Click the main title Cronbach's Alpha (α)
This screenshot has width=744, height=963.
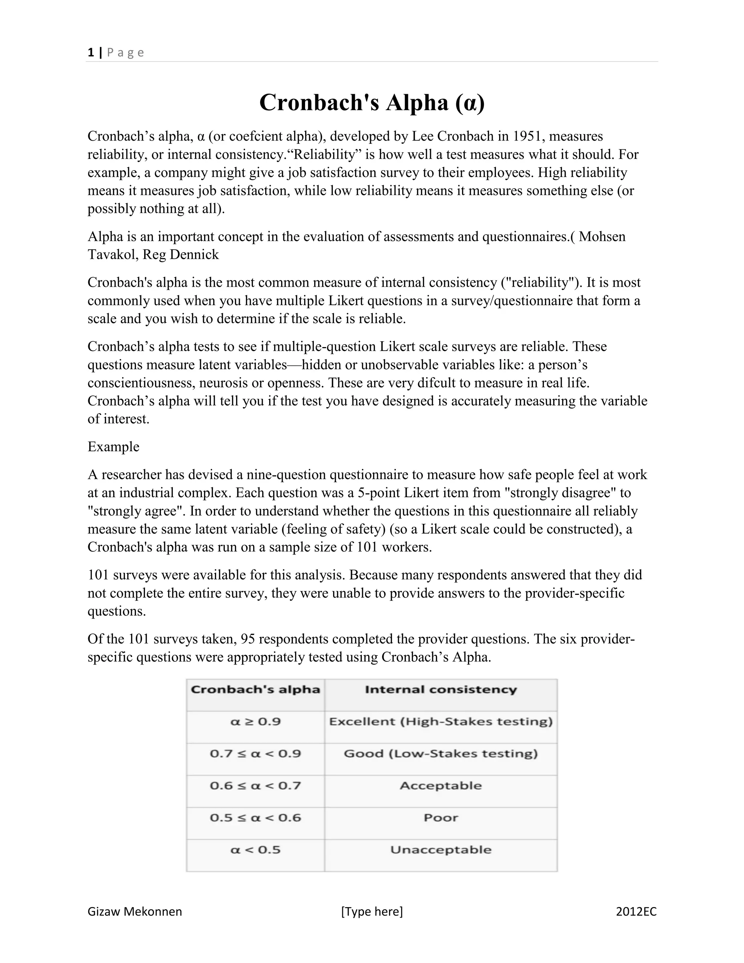point(372,103)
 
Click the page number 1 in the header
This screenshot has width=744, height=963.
point(91,53)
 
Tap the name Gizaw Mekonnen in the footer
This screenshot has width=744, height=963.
point(134,911)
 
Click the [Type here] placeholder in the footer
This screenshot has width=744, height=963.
point(372,911)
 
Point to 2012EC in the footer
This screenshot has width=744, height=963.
point(636,911)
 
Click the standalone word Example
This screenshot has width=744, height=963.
point(113,447)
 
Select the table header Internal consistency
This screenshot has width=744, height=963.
point(440,690)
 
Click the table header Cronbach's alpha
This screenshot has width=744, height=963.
point(255,690)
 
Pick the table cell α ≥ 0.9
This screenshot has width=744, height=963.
point(255,722)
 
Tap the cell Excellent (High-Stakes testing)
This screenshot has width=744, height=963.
point(440,722)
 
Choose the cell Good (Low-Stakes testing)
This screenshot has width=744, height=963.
point(440,754)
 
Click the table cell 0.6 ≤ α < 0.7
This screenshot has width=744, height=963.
point(255,786)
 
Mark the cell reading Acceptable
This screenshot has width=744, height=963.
point(440,786)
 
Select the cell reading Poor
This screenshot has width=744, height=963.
point(440,818)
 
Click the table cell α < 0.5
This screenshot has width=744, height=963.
point(255,850)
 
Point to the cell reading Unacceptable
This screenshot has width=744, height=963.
point(440,850)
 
